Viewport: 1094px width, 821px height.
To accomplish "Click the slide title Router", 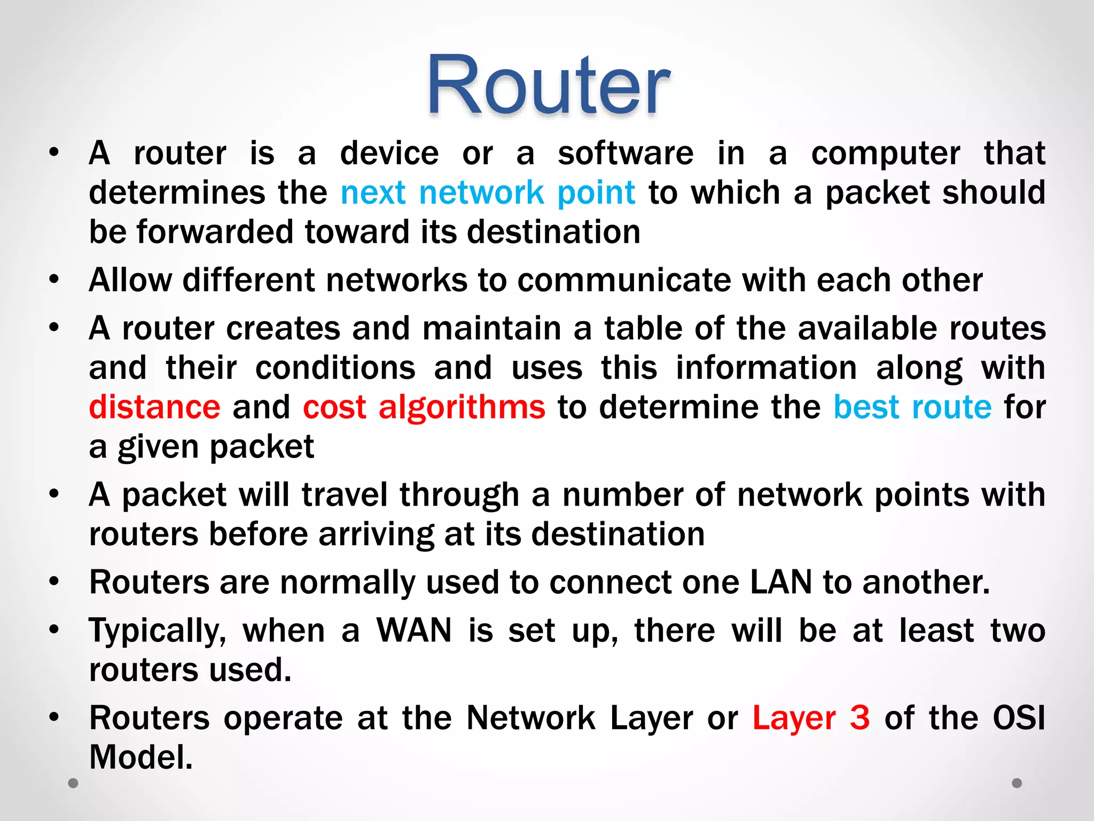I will [548, 86].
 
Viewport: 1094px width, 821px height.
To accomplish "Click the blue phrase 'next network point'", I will [488, 192].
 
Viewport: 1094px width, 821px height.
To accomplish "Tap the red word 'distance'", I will [154, 407].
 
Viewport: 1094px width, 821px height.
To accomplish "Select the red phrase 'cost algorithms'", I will [424, 407].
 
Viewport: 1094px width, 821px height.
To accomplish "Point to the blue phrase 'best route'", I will [912, 407].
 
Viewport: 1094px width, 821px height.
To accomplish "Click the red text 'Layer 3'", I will [811, 718].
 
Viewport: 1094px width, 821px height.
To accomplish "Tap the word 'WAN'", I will [414, 631].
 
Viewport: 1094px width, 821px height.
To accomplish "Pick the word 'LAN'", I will [781, 582].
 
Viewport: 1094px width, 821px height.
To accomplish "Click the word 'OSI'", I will [1018, 718].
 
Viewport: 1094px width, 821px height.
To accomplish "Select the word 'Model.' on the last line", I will [141, 757].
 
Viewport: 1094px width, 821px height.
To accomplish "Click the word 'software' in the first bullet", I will [626, 154].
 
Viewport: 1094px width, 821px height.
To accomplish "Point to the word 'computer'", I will [885, 154].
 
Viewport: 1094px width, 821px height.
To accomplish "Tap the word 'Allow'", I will [130, 280].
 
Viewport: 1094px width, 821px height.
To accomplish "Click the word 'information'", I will [766, 368].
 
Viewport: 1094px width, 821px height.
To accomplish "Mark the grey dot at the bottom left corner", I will [73, 783].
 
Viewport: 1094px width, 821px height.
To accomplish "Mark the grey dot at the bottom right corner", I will [1017, 783].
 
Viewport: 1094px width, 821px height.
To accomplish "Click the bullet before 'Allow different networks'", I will [53, 279].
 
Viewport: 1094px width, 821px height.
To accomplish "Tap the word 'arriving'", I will [376, 534].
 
